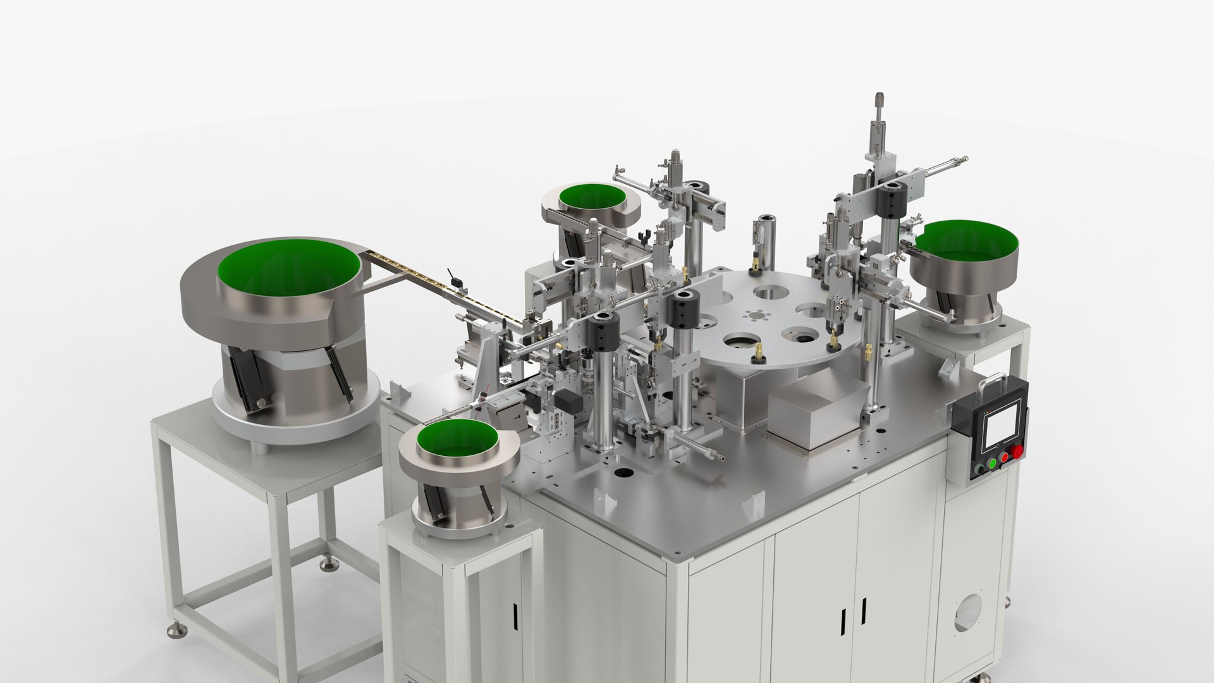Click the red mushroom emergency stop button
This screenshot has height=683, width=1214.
click(x=1017, y=452)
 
